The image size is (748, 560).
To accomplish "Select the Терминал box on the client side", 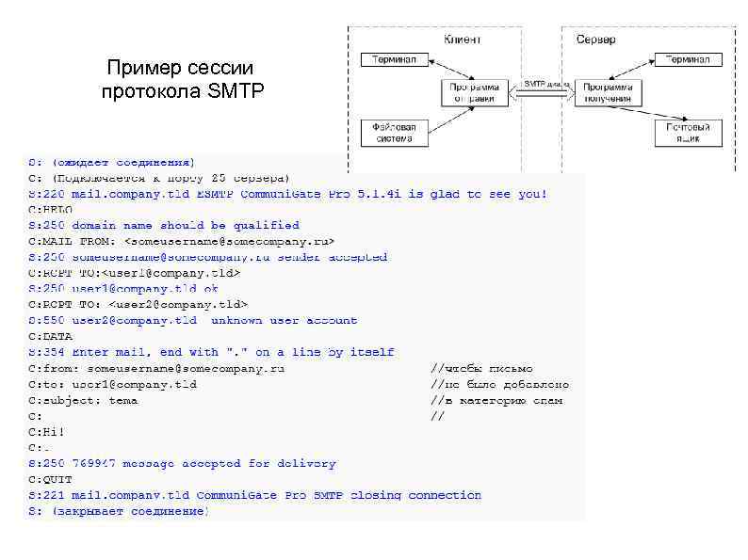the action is [388, 60].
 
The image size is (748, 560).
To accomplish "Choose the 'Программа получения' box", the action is [608, 91].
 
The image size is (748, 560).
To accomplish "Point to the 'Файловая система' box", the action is [394, 133].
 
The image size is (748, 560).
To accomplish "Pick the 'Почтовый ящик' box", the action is [689, 133].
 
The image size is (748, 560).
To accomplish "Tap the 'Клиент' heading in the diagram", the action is [462, 40].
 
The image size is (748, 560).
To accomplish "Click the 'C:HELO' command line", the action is [51, 210].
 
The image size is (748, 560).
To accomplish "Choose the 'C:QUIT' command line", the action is [51, 479].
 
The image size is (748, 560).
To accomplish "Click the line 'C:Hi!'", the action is [47, 431].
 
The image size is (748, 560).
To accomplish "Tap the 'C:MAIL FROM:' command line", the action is [179, 241].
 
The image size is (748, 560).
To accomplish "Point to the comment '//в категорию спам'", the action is [496, 400].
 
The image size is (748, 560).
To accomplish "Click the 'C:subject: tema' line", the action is [83, 400].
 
